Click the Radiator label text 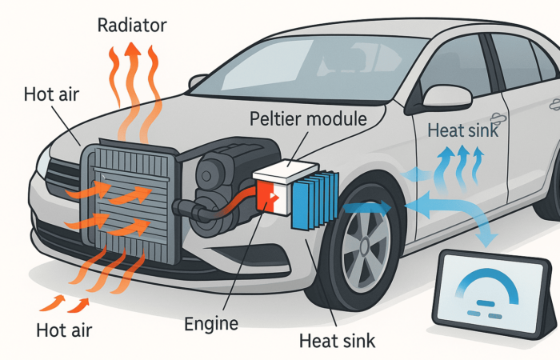click(x=132, y=25)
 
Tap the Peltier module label click(x=308, y=118)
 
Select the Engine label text click(x=211, y=324)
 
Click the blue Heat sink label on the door click(x=463, y=130)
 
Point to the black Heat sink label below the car click(x=337, y=340)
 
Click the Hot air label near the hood click(x=51, y=94)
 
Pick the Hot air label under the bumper click(x=64, y=330)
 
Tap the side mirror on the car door click(x=446, y=96)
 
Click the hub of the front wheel click(x=365, y=246)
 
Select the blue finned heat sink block click(x=315, y=201)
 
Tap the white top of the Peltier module click(x=286, y=171)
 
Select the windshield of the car click(x=308, y=67)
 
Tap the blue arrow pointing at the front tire click(x=367, y=208)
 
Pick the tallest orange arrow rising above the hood click(x=133, y=92)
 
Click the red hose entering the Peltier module click(x=235, y=204)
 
